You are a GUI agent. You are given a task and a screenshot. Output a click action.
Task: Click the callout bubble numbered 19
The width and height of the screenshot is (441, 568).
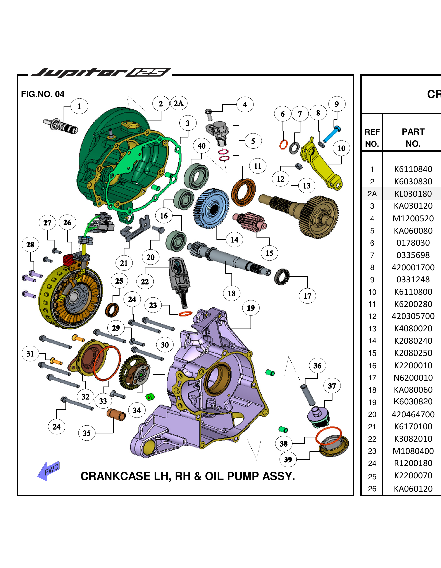click(251, 308)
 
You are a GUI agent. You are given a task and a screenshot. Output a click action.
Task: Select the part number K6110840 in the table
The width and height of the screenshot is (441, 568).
click(413, 169)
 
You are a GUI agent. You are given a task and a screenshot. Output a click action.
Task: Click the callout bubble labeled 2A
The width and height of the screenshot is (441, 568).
click(179, 103)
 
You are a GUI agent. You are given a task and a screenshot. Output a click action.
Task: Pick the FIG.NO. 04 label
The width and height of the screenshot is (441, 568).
click(43, 94)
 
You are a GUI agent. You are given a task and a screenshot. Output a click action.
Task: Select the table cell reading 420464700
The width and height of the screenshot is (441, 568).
click(413, 414)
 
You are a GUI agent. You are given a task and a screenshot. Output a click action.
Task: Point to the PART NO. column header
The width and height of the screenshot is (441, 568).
click(413, 137)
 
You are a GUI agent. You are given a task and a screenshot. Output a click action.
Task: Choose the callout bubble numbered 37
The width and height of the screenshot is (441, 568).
click(332, 386)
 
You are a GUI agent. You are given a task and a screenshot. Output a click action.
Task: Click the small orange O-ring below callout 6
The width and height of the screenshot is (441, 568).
click(284, 144)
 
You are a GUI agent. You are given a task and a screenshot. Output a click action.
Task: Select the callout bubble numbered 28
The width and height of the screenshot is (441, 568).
click(30, 245)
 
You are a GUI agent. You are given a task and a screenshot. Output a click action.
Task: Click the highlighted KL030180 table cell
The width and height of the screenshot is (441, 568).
click(413, 194)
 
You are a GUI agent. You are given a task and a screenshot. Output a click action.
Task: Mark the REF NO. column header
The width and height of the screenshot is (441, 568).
click(372, 137)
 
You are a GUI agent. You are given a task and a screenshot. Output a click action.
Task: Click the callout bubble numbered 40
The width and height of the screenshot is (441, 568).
click(201, 146)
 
